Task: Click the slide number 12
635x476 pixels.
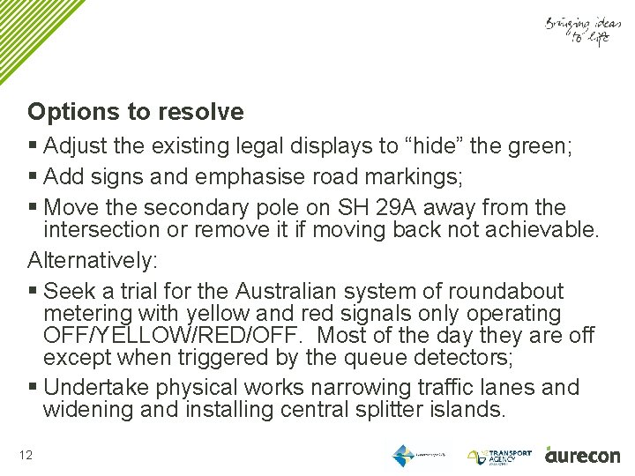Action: [25, 455]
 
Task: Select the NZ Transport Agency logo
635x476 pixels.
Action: [499, 456]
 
